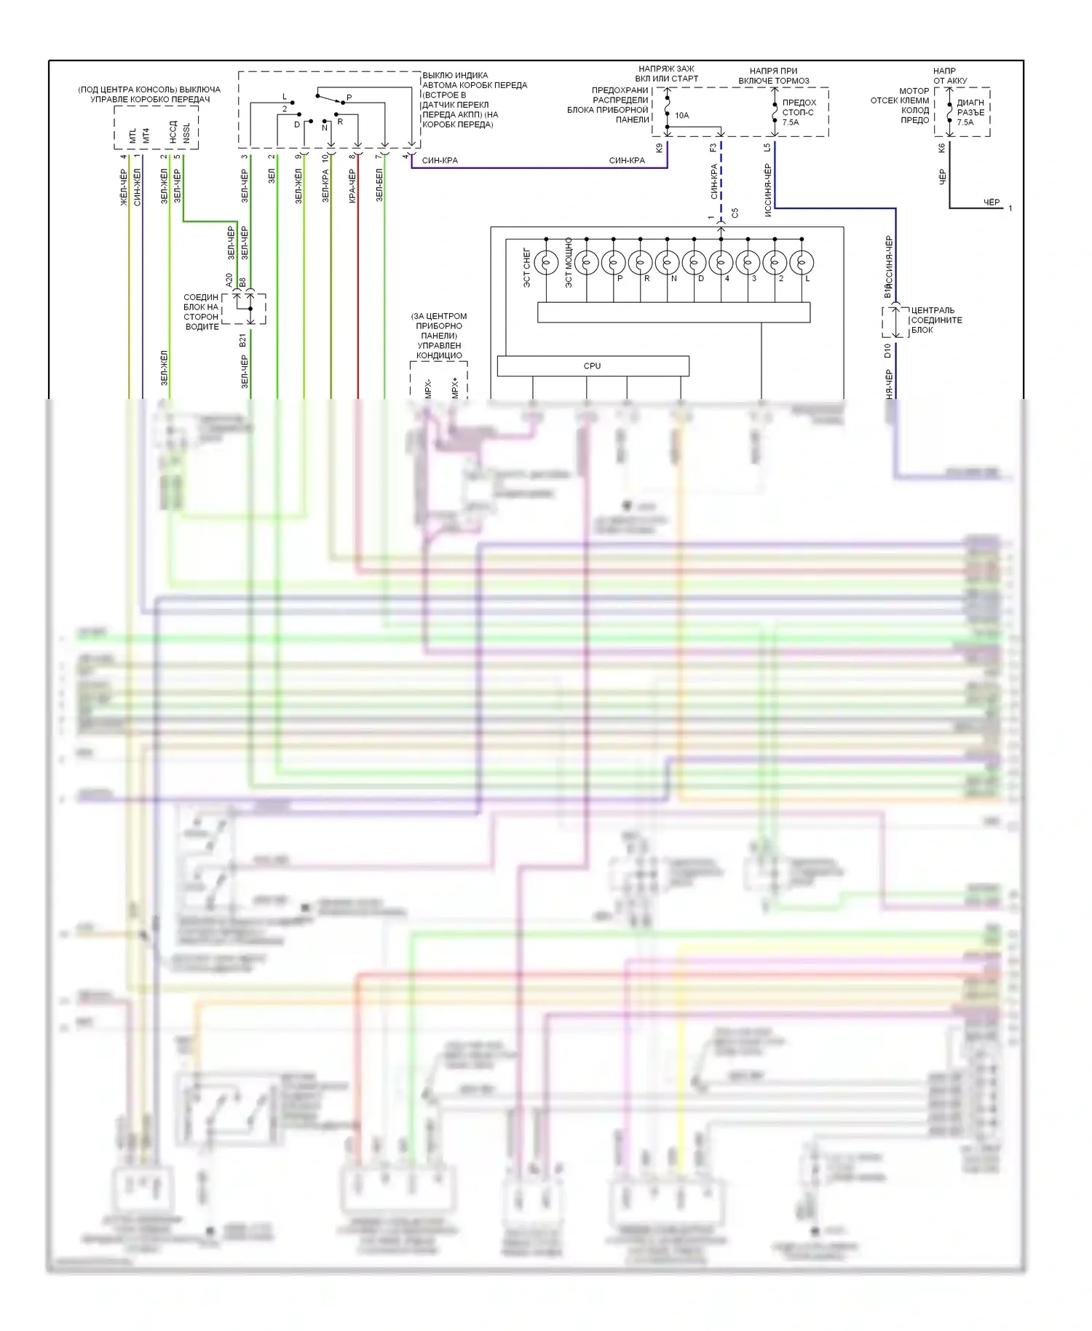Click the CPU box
(x=593, y=366)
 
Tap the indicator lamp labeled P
(x=613, y=262)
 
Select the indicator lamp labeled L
(x=802, y=262)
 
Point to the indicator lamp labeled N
(x=667, y=262)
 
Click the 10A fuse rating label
(x=681, y=115)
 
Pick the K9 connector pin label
(x=660, y=148)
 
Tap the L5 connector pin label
(x=767, y=148)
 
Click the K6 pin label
(x=941, y=148)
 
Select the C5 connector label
(x=735, y=213)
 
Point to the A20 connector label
(x=229, y=280)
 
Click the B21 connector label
(x=243, y=341)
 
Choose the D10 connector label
(x=887, y=351)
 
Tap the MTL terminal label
(x=132, y=136)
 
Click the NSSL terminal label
(x=186, y=133)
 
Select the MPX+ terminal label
(x=455, y=387)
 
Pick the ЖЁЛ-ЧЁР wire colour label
(x=124, y=187)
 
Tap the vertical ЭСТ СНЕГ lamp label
(x=527, y=267)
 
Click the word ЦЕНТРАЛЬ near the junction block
(x=933, y=310)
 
